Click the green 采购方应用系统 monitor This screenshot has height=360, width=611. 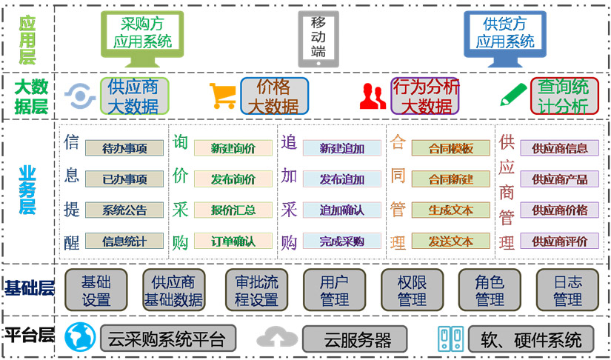(x=142, y=39)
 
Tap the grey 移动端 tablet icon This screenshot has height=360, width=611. (x=318, y=39)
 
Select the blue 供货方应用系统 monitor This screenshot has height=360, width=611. (x=505, y=39)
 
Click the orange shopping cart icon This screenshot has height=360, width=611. (x=222, y=96)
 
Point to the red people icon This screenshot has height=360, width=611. (x=373, y=96)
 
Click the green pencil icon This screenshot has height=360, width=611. (x=513, y=95)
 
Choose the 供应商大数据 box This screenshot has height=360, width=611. (x=135, y=96)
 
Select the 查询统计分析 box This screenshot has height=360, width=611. (x=564, y=96)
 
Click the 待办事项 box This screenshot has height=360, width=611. (x=124, y=148)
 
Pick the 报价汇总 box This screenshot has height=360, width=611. (x=233, y=210)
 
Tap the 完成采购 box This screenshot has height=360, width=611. (x=341, y=241)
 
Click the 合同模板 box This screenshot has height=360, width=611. (x=451, y=148)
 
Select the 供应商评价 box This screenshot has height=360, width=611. (x=560, y=241)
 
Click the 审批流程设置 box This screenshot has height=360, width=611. (x=256, y=290)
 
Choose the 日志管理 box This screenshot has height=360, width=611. (x=567, y=290)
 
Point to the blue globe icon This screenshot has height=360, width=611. (x=80, y=337)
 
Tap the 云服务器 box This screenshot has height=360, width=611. (x=355, y=339)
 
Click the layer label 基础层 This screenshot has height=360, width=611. (x=29, y=290)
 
